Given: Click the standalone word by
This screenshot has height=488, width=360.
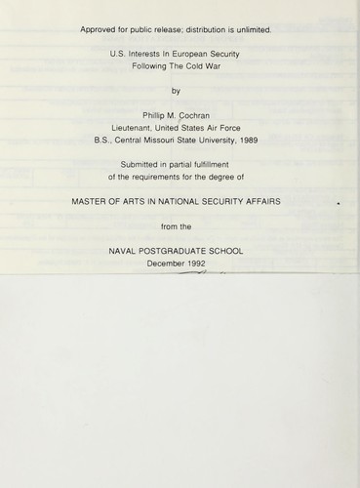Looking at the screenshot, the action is tap(176, 93).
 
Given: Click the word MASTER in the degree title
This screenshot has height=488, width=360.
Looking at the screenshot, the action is tap(95, 202).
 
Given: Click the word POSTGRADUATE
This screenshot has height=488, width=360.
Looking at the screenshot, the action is tap(180, 252).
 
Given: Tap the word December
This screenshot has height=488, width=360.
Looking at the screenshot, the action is tap(165, 264).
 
